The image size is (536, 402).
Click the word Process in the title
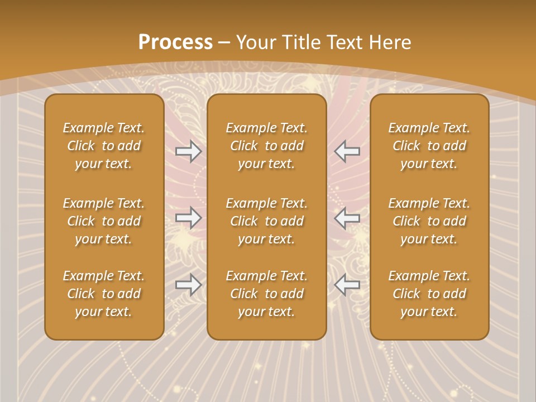tap(175, 42)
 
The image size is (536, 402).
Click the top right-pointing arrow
tap(188, 151)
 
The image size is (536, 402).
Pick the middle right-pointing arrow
tap(188, 218)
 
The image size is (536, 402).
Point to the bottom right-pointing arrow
tap(188, 285)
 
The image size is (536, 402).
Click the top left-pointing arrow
tap(347, 151)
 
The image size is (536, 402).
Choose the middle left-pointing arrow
tap(347, 218)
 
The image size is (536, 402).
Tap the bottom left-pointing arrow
tap(347, 285)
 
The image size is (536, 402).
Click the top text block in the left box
tap(104, 146)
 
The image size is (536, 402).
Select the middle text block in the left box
tap(104, 221)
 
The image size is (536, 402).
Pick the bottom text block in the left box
tap(104, 294)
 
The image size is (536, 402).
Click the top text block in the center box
tap(266, 146)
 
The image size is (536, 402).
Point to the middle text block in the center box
tap(266, 221)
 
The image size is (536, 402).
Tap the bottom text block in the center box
tap(266, 294)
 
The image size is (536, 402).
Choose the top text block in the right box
tap(429, 146)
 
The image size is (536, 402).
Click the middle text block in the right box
tap(429, 221)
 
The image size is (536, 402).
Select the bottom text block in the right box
tap(429, 294)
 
